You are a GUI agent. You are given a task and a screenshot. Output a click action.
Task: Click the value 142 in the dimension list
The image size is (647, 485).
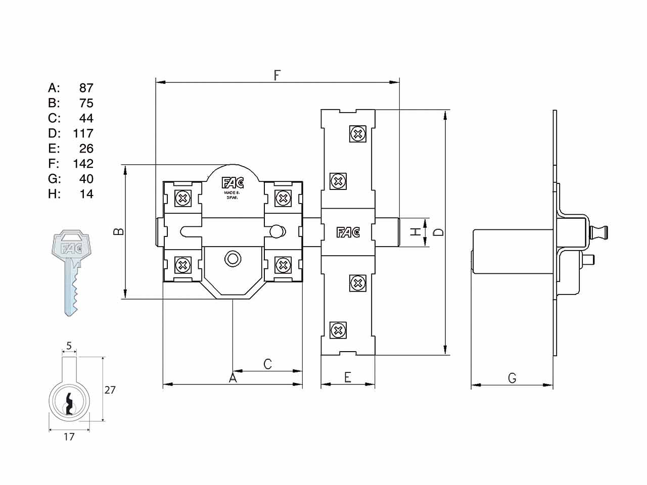point(83,164)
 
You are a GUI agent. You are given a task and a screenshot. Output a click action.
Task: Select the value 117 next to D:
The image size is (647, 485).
point(83,133)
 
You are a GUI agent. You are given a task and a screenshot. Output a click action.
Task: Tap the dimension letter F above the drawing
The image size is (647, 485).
point(276,75)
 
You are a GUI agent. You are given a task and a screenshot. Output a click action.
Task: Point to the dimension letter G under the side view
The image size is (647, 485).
point(513,378)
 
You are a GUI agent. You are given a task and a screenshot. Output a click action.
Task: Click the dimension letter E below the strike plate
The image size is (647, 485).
point(348,377)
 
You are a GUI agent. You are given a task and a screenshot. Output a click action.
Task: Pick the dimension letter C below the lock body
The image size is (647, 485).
point(267,364)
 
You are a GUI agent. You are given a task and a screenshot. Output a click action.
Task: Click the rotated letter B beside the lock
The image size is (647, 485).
point(118,231)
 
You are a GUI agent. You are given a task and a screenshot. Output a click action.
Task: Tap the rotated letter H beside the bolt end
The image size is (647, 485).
point(415,232)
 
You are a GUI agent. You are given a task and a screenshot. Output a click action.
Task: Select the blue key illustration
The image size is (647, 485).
point(71,273)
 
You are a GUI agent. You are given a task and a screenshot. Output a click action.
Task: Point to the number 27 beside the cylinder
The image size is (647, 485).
point(110,390)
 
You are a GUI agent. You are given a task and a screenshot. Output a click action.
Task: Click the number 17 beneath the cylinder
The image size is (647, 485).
point(69,437)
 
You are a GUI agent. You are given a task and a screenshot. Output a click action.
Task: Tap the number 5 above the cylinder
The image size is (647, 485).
point(69,346)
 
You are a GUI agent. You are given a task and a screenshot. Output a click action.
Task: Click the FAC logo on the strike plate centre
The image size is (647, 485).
point(348,232)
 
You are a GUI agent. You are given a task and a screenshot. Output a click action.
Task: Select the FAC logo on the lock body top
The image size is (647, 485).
point(233,183)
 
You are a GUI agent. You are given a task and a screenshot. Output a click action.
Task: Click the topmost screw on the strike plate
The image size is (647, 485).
point(358,134)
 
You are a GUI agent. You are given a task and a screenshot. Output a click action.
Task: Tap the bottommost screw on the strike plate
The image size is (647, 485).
point(338,330)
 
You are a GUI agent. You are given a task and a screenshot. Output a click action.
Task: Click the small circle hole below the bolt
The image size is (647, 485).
point(233,259)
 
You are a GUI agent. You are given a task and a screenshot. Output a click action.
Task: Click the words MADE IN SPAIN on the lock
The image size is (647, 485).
point(233,195)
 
